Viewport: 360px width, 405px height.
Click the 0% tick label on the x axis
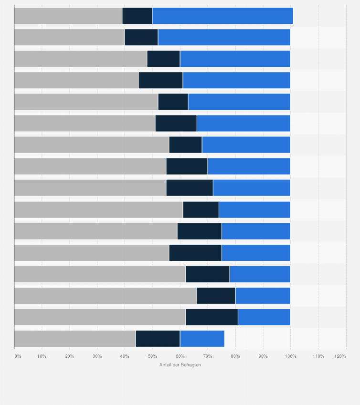[18, 356]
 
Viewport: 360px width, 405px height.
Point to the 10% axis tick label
[42, 356]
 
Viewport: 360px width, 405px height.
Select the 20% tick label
[70, 356]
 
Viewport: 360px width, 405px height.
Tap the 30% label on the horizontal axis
[97, 356]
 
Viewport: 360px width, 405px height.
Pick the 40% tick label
[125, 356]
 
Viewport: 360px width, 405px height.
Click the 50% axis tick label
[152, 356]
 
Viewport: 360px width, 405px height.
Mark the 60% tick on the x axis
[180, 356]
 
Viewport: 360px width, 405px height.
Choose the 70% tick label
[208, 356]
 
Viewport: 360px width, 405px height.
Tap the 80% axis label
[235, 356]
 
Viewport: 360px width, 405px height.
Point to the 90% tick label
[263, 356]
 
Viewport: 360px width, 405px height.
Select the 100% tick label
[290, 356]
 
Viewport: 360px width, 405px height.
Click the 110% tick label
[318, 356]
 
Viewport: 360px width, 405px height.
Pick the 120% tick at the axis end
[340, 356]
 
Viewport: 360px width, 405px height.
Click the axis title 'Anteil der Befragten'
[180, 365]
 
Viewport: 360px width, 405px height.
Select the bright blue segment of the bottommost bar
[202, 339]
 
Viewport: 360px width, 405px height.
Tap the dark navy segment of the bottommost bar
[158, 339]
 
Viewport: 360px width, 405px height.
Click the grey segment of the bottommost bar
[75, 339]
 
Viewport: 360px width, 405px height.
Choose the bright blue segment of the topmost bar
[222, 16]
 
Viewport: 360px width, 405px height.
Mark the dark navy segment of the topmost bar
[137, 16]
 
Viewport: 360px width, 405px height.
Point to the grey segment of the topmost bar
[68, 16]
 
